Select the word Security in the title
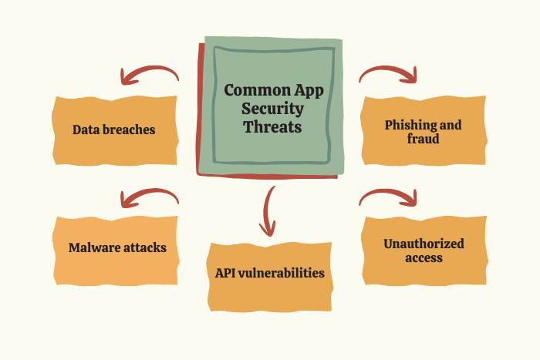[272, 109]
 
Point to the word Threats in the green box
[272, 126]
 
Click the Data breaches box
[115, 130]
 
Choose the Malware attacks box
[116, 251]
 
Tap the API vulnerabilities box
[270, 277]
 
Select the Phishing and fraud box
[424, 130]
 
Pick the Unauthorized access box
[424, 251]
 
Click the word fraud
[423, 139]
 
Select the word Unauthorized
[424, 244]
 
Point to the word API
[225, 273]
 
